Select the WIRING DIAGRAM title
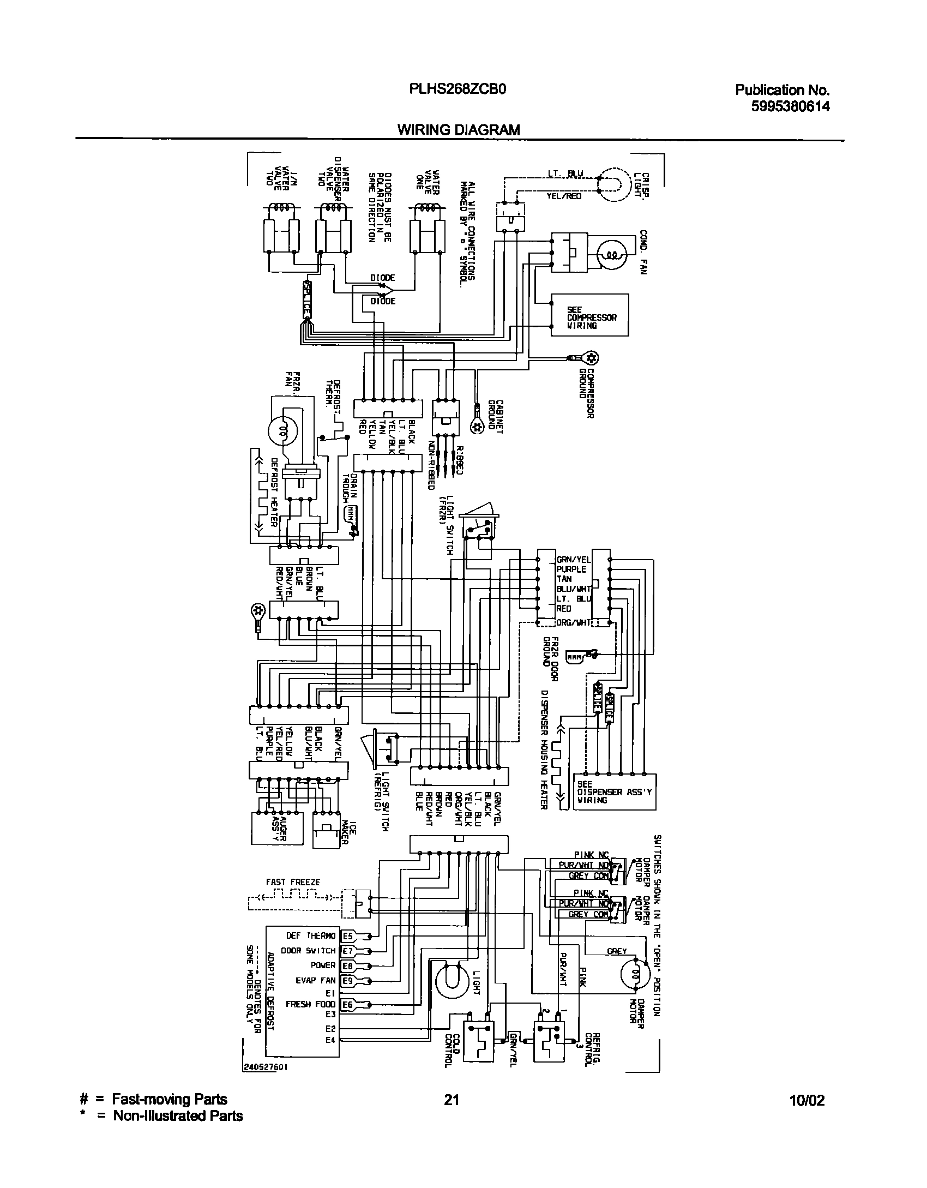[x=458, y=130]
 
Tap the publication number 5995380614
[x=790, y=106]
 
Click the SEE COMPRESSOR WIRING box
[x=589, y=315]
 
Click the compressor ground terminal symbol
[x=592, y=358]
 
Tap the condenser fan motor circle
[x=612, y=254]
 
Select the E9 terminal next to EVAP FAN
[x=347, y=980]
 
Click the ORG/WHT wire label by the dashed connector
[x=573, y=622]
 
